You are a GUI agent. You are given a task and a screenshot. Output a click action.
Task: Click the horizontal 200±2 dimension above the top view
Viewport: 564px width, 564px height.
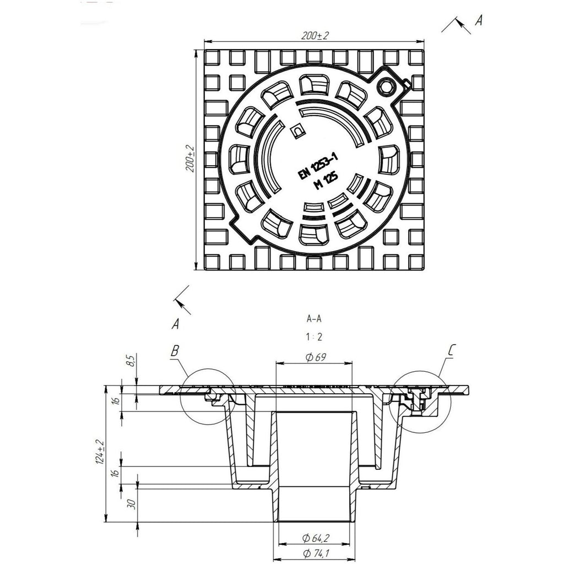pos(315,36)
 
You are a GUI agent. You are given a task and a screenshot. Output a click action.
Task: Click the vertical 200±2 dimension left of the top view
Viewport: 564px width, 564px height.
pos(190,159)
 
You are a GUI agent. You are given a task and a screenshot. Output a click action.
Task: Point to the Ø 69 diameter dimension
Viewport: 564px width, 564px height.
pos(316,357)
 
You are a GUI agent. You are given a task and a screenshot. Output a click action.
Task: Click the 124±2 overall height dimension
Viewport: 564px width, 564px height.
pos(100,452)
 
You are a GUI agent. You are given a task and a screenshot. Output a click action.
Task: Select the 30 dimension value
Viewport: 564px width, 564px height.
pos(132,503)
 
